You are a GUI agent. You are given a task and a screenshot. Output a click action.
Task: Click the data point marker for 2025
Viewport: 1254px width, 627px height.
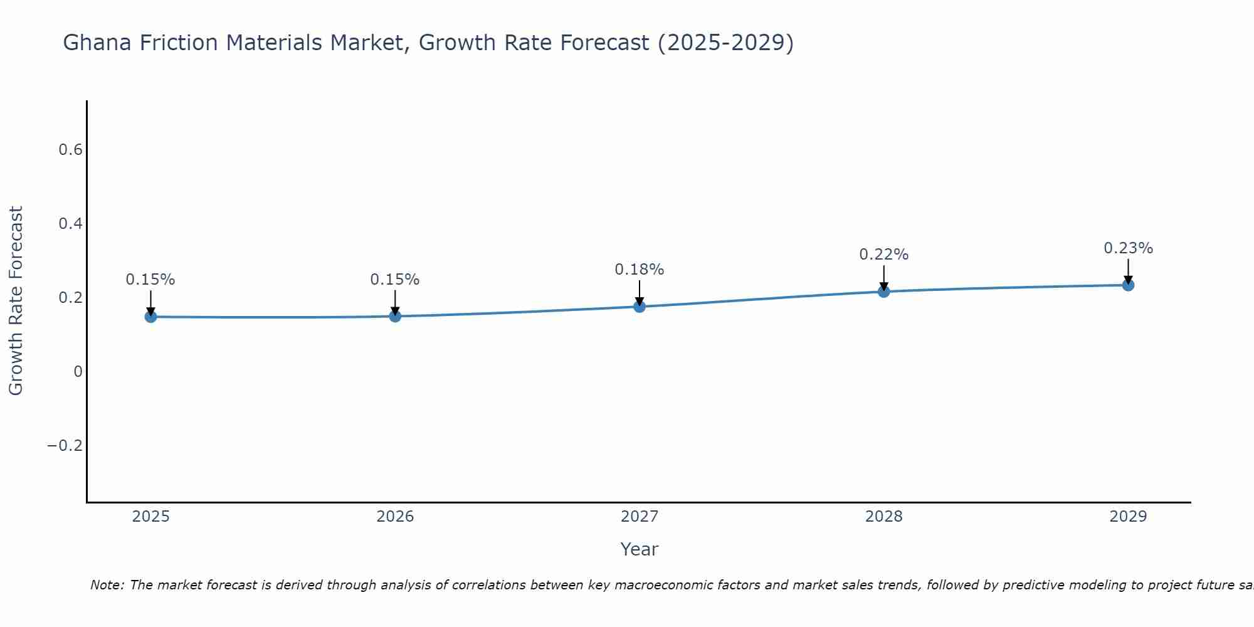coord(150,317)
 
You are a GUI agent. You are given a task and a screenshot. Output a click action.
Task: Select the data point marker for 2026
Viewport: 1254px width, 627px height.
coord(395,316)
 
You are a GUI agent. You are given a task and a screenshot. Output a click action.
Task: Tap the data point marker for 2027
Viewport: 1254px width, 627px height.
coord(640,307)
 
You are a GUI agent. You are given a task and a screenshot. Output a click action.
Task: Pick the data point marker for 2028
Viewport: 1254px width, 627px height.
coord(884,292)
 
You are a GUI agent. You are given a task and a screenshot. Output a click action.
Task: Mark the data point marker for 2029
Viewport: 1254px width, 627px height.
coord(1128,285)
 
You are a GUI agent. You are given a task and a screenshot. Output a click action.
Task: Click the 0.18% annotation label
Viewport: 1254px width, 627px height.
coord(639,270)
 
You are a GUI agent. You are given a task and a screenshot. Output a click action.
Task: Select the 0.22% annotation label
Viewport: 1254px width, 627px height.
coord(883,255)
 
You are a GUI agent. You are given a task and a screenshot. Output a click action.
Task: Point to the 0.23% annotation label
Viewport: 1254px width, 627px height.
coord(1128,248)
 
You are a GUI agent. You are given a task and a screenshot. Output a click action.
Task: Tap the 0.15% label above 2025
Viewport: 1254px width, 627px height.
coord(150,280)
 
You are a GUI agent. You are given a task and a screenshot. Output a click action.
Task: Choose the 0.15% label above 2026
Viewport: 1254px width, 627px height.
coord(395,280)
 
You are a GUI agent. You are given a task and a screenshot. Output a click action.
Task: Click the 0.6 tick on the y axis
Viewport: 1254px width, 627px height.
coord(70,150)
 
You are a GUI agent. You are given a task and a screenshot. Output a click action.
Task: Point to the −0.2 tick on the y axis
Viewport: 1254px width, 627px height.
coord(65,446)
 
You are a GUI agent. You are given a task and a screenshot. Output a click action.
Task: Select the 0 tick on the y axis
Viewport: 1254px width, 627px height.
coord(78,372)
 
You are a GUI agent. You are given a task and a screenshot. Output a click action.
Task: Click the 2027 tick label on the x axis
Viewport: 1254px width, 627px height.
coord(639,517)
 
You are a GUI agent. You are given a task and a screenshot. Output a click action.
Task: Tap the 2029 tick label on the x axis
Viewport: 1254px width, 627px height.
coord(1128,517)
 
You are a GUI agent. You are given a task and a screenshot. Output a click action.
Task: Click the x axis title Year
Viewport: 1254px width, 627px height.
coord(639,549)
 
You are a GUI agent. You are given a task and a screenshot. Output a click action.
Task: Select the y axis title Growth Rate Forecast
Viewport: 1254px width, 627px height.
coord(16,301)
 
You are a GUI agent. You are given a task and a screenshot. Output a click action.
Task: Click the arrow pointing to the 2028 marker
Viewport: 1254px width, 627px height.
coord(884,277)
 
